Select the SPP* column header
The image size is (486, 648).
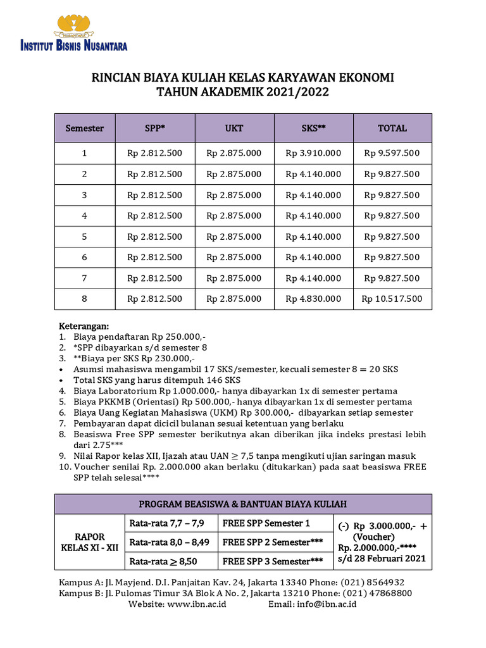pyautogui.click(x=154, y=128)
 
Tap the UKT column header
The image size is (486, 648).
pyautogui.click(x=234, y=128)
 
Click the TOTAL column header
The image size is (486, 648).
pyautogui.click(x=392, y=128)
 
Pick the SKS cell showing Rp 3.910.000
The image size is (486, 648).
pyautogui.click(x=313, y=153)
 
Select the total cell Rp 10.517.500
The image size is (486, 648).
pyautogui.click(x=392, y=299)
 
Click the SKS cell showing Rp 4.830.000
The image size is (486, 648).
pyautogui.click(x=313, y=299)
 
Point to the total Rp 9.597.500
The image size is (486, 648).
pyautogui.click(x=392, y=153)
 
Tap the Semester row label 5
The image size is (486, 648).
pyautogui.click(x=84, y=237)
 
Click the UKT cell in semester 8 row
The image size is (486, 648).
pyautogui.click(x=234, y=299)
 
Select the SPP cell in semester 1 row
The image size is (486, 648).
pyautogui.click(x=154, y=153)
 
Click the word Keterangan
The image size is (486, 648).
pyautogui.click(x=84, y=326)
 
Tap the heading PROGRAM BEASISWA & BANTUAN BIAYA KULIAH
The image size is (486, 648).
pyautogui.click(x=243, y=504)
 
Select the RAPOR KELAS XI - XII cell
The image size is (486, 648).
pyautogui.click(x=89, y=542)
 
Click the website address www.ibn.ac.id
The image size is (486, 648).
pyautogui.click(x=196, y=604)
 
